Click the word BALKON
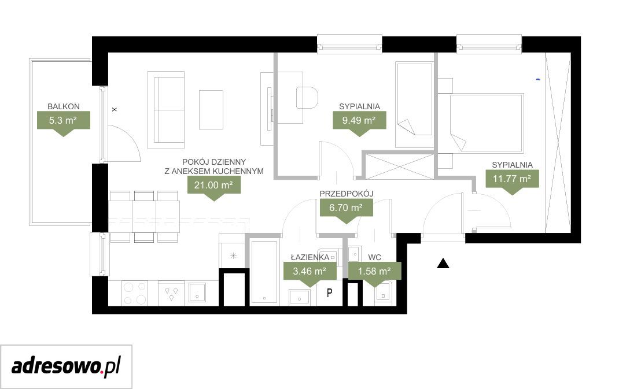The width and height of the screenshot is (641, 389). point(64,106)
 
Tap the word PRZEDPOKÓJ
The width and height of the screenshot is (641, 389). point(347,194)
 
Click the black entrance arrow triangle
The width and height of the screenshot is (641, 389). point(443,264)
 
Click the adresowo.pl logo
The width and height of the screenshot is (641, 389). point(66,366)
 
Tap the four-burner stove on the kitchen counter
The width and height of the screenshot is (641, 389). point(135,293)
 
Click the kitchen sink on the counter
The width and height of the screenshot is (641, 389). point(197,292)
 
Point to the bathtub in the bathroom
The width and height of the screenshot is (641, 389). point(264,273)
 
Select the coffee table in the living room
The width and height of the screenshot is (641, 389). point(211,109)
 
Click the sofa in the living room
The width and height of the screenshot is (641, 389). point(166,110)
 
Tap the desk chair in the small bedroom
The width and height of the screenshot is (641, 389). point(307,98)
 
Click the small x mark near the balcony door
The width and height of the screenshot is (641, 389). point(115,109)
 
